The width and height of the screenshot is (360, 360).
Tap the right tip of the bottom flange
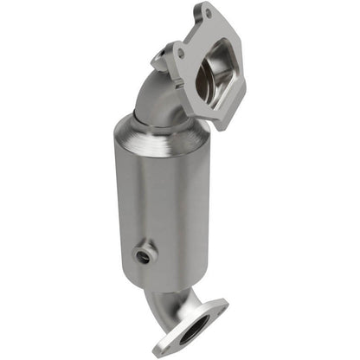click(225, 305)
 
